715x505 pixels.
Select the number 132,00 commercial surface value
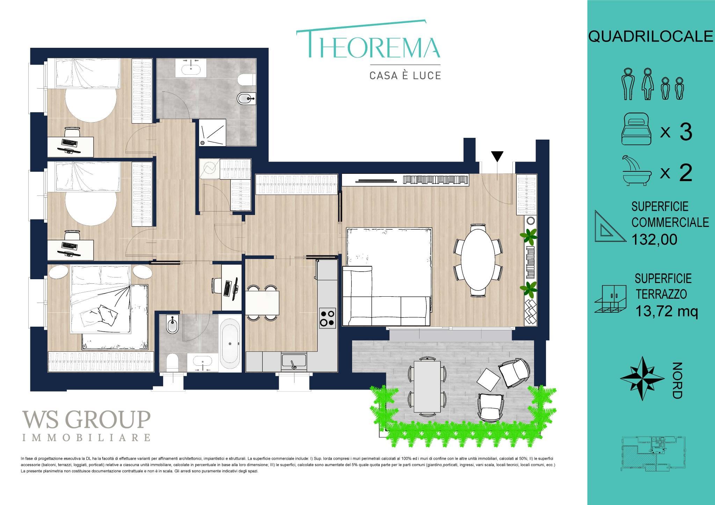tap(654, 239)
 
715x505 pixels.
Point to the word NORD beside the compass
tap(677, 380)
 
